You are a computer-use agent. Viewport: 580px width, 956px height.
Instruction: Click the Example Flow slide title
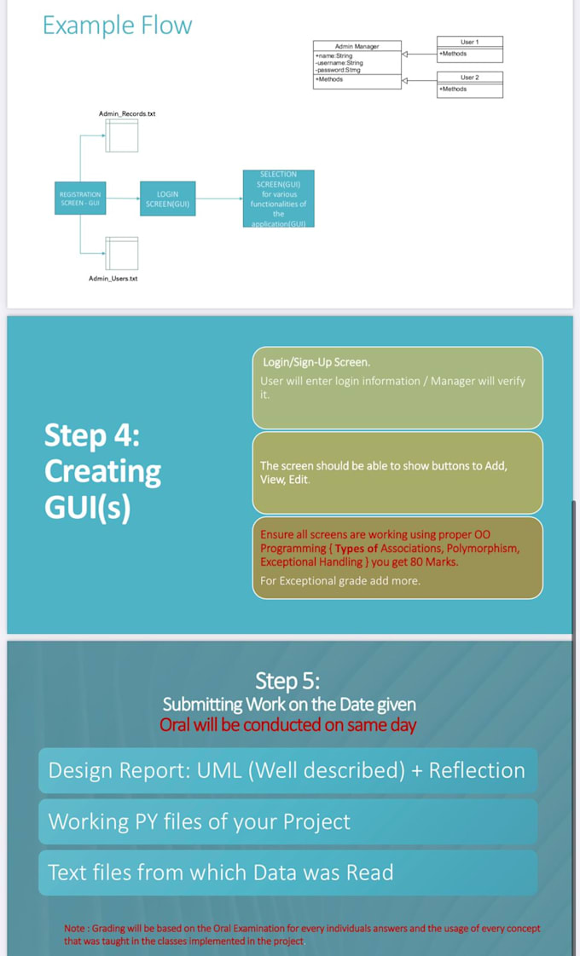[118, 26]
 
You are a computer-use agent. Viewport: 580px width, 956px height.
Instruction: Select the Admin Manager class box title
[357, 46]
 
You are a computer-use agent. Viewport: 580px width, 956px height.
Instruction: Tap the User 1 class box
[469, 49]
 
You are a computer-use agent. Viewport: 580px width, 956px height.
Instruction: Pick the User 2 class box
[469, 84]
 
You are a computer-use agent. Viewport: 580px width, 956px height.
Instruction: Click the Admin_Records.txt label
[127, 113]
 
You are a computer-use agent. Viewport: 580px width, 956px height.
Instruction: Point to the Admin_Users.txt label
[113, 279]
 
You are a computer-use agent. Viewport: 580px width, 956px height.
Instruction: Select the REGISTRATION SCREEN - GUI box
[80, 199]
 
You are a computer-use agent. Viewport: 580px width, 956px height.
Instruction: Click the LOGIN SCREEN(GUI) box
[167, 199]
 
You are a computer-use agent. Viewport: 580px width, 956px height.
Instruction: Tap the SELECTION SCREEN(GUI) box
[278, 199]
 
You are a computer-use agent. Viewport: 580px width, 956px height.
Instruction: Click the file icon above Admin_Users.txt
[122, 253]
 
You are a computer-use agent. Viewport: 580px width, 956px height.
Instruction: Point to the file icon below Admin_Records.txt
[122, 135]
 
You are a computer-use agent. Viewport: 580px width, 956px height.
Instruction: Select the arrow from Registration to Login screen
[123, 199]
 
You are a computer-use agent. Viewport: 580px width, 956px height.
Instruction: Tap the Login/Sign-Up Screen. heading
[316, 362]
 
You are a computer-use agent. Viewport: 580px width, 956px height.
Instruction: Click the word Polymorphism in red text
[483, 549]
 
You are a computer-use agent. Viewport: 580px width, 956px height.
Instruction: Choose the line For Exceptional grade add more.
[339, 581]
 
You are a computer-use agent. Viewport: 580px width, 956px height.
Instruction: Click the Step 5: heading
[288, 681]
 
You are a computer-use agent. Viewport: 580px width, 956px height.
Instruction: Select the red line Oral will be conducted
[288, 725]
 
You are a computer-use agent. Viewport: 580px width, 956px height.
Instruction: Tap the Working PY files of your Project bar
[287, 821]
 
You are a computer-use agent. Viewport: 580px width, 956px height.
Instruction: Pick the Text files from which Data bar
[287, 872]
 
